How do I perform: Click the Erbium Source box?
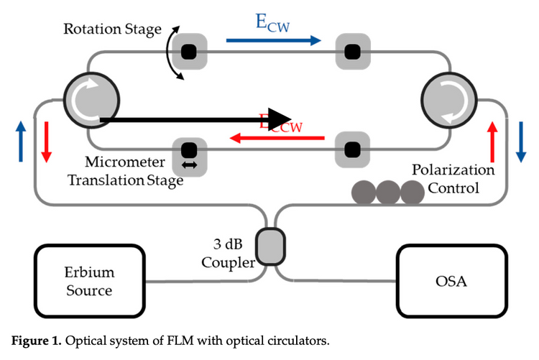[90, 281]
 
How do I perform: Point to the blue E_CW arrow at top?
[273, 41]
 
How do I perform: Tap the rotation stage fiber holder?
[188, 52]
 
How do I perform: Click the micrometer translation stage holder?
[189, 155]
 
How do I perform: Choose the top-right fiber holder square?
[352, 52]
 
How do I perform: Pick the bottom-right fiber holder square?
[352, 149]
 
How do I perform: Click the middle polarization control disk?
[388, 192]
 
